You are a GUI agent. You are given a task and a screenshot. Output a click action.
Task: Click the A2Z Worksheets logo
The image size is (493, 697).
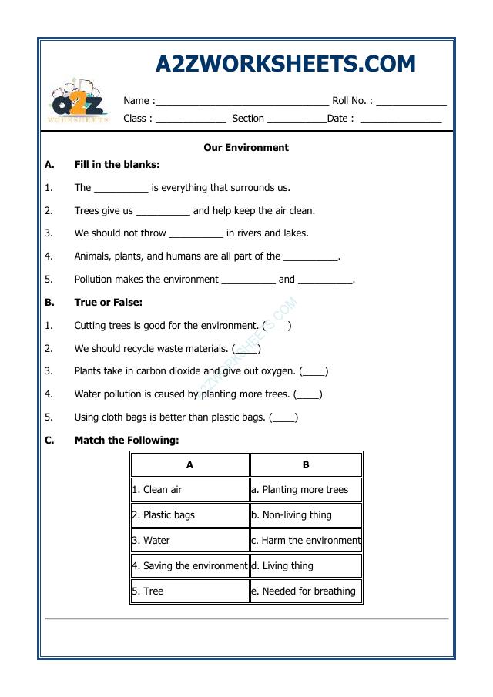(x=78, y=102)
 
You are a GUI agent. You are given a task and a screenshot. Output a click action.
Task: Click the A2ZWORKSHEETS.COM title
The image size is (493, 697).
(x=285, y=64)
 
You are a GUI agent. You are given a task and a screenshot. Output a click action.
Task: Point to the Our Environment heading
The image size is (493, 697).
(x=246, y=147)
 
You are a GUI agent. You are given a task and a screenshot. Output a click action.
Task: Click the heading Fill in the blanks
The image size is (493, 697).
(x=117, y=165)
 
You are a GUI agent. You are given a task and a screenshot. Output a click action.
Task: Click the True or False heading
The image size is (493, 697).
(x=109, y=303)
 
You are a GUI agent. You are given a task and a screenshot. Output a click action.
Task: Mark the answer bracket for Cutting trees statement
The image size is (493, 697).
(x=277, y=327)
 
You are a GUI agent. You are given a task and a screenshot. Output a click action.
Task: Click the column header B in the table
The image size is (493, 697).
(x=306, y=465)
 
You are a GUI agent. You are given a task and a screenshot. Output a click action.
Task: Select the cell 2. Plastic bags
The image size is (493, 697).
(x=189, y=515)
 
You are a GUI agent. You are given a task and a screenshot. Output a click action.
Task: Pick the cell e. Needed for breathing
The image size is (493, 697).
(x=306, y=591)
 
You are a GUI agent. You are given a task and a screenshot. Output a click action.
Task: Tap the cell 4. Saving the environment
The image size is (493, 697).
(x=189, y=566)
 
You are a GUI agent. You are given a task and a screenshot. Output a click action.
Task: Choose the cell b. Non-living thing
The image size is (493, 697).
(x=306, y=515)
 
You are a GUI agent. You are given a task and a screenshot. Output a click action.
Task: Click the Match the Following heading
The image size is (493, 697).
(x=126, y=441)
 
